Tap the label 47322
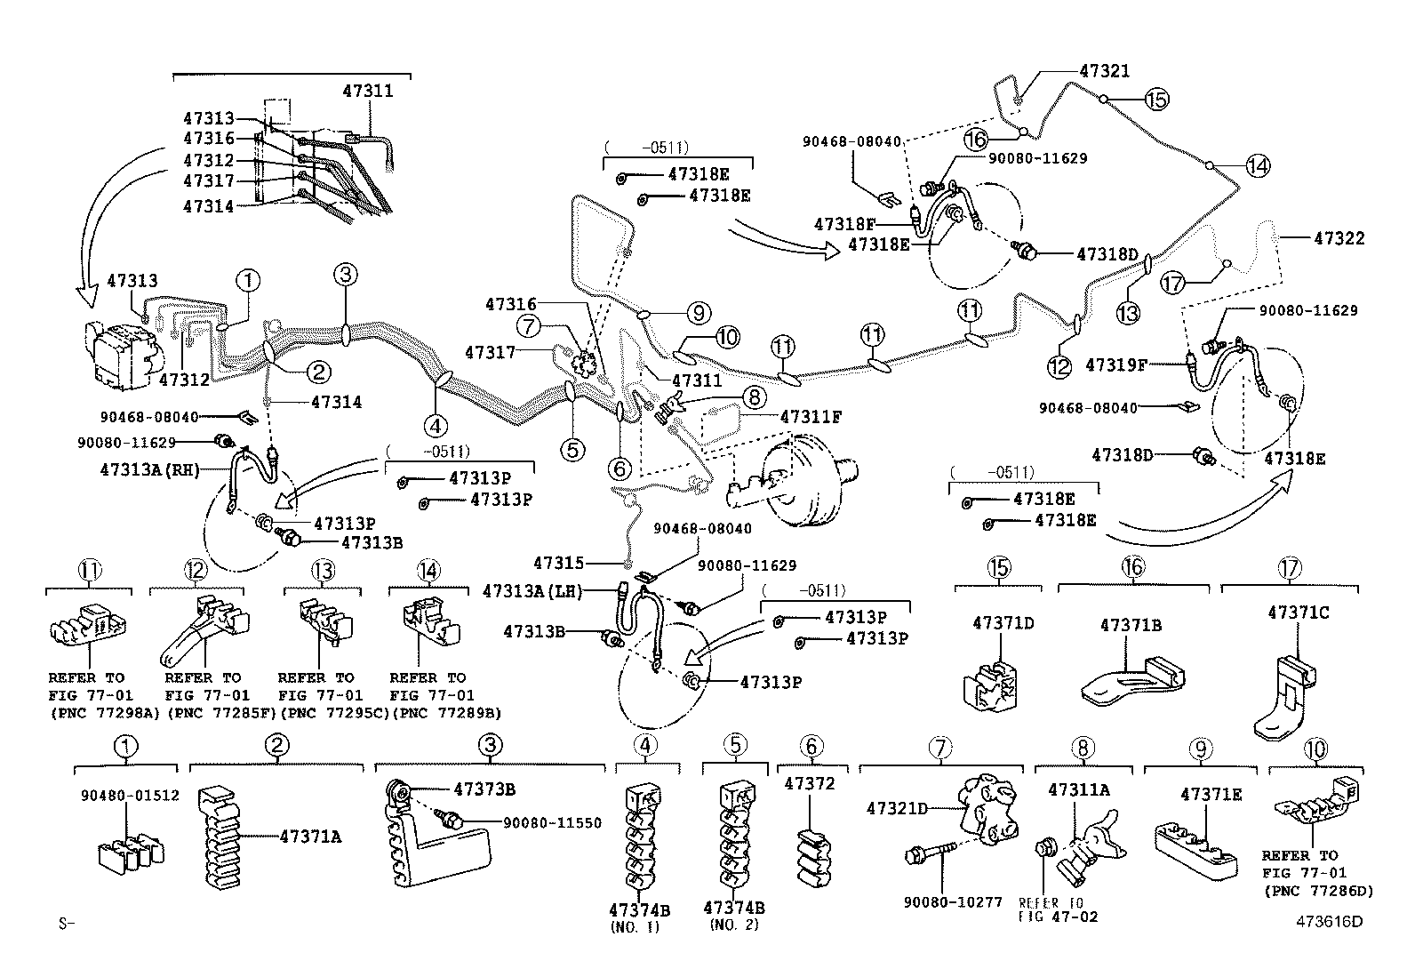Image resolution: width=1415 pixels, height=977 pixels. (1339, 238)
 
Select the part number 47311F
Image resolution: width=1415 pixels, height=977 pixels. (811, 417)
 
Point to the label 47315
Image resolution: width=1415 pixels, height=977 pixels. (558, 563)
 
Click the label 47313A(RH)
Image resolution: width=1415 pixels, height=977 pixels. (149, 469)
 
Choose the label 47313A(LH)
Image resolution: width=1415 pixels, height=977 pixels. (532, 591)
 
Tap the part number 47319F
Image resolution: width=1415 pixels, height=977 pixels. (1116, 365)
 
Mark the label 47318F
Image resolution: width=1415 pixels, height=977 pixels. (844, 224)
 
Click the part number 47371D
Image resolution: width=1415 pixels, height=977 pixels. (1003, 623)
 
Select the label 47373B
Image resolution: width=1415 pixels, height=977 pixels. (484, 789)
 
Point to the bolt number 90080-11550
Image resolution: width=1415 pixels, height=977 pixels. (552, 823)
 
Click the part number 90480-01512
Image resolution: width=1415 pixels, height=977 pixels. (130, 795)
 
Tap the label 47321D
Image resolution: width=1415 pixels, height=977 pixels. (897, 808)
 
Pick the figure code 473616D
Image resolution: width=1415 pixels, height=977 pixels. (1329, 921)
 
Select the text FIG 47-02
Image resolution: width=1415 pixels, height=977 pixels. (1058, 917)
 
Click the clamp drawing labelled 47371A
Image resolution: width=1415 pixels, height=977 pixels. (220, 837)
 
